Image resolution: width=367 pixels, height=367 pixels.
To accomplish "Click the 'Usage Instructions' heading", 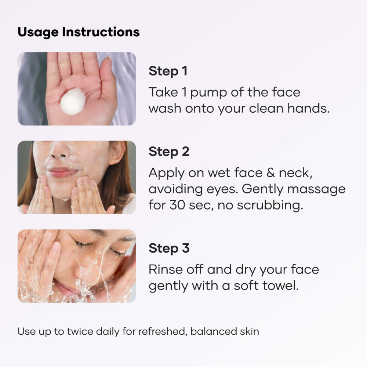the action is (x=79, y=32).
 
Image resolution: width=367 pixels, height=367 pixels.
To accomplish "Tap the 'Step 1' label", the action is (x=168, y=71).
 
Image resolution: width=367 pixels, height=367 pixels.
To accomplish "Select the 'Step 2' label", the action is (x=169, y=152).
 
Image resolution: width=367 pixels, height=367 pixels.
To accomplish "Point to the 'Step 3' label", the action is (x=169, y=248).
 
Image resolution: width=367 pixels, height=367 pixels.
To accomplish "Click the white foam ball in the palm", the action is (x=73, y=102).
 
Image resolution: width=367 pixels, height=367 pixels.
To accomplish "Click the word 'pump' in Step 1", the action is (x=209, y=93).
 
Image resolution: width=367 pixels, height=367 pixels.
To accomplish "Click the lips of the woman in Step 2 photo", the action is (x=63, y=172).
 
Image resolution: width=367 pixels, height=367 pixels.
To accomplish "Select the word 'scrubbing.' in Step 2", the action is (x=270, y=205).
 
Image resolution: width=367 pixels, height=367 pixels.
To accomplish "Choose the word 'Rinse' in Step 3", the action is (x=166, y=270).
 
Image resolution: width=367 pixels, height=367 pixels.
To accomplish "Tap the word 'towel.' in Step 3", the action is (x=281, y=286).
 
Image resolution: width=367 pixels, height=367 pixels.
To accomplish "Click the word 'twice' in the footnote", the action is (x=80, y=331).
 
